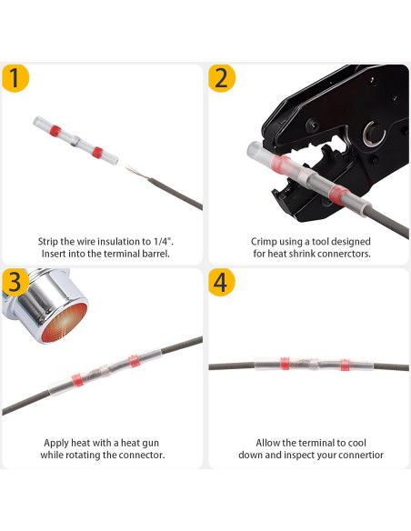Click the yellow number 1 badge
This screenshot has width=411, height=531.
[15, 78]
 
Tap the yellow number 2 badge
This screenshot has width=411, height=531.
[222, 78]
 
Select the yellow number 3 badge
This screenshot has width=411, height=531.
[15, 282]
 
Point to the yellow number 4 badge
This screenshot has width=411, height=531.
[222, 283]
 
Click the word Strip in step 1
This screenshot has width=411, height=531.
[47, 242]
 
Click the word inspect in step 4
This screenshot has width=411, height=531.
[301, 455]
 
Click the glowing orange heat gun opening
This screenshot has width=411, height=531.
[65, 323]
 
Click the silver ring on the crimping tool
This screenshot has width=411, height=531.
[374, 134]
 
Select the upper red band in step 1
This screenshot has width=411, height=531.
[55, 131]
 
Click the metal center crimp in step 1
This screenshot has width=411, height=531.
[75, 142]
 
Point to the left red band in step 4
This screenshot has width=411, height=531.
[285, 364]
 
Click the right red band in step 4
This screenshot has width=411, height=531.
[345, 366]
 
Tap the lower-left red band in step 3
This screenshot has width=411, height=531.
[77, 380]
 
